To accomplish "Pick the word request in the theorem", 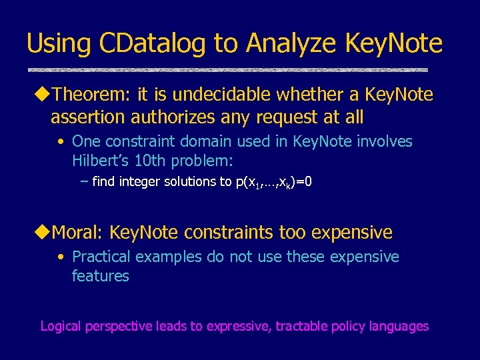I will [275, 118].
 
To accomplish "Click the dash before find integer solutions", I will [84, 181].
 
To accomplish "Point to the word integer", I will [141, 181].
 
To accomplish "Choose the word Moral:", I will [78, 233].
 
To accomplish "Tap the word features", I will [100, 275].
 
